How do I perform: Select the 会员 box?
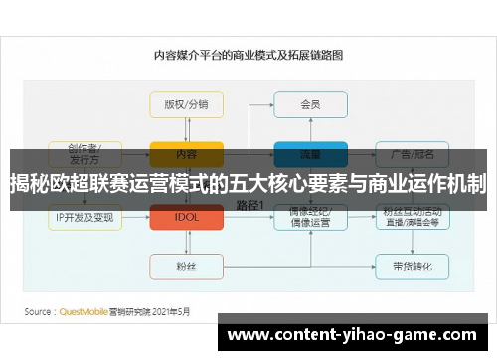310,104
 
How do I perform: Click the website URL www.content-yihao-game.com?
354,335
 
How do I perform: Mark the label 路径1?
248,205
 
